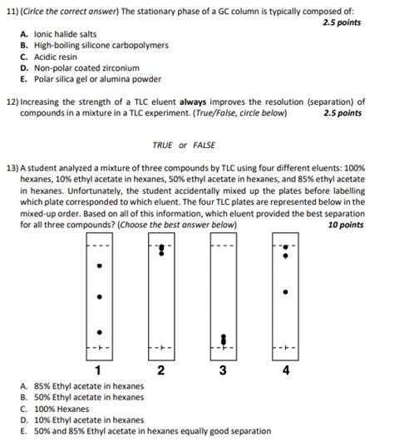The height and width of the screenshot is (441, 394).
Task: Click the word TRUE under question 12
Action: click(x=164, y=145)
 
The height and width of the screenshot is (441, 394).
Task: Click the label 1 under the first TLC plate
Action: click(x=99, y=370)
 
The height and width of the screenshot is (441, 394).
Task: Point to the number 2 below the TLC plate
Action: click(x=160, y=370)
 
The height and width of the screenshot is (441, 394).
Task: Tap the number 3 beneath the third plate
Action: click(x=223, y=370)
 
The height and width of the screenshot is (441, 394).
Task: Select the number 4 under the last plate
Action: click(x=286, y=370)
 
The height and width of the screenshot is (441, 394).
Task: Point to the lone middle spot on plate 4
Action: click(x=286, y=292)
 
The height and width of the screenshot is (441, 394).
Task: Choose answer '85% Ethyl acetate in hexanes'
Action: click(x=101, y=386)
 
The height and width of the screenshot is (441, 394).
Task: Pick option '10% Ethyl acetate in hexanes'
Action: click(x=100, y=420)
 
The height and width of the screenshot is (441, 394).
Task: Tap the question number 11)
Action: click(x=12, y=10)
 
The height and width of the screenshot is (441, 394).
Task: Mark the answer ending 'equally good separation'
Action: click(x=152, y=431)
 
